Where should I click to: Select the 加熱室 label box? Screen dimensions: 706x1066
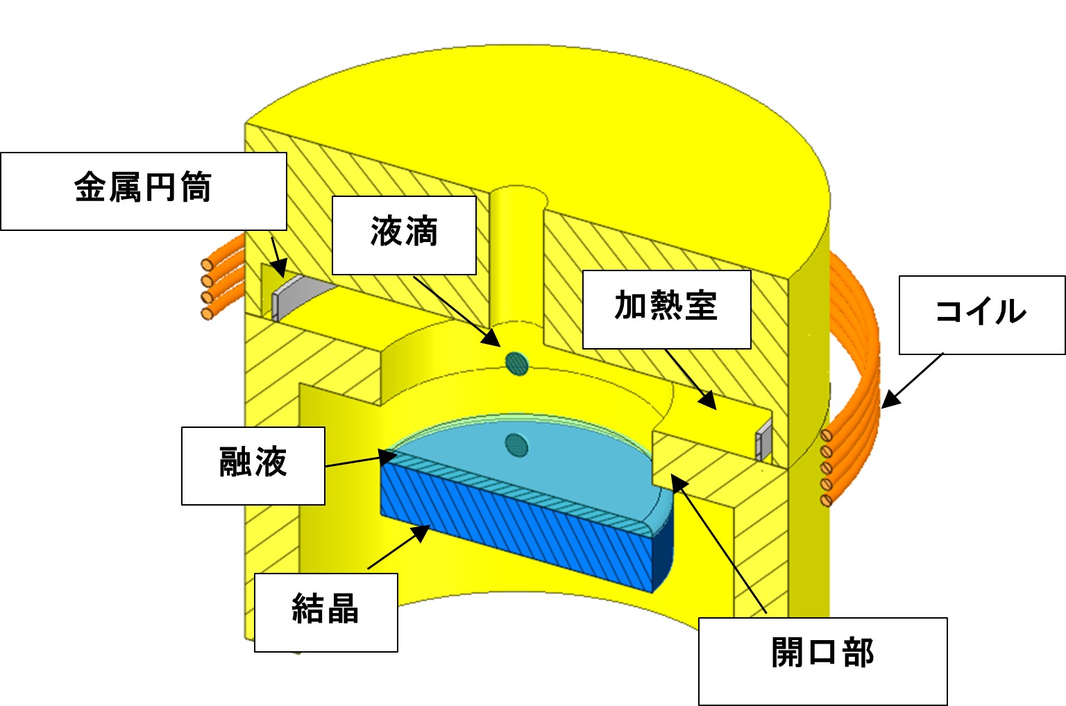pyautogui.click(x=666, y=309)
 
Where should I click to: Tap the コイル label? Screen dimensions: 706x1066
pyautogui.click(x=981, y=314)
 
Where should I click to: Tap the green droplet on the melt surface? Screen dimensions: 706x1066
pyautogui.click(x=516, y=445)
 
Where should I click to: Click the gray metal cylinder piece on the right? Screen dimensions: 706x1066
pyautogui.click(x=764, y=441)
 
